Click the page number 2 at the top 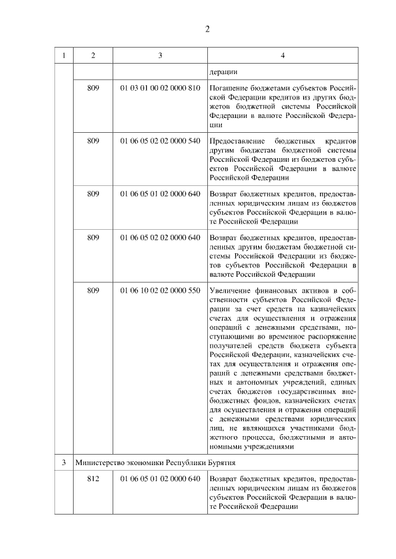pyautogui.click(x=208, y=29)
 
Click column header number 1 pyautogui.click(x=63, y=56)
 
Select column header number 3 pyautogui.click(x=160, y=56)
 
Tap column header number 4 pyautogui.click(x=282, y=56)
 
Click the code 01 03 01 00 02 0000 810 pyautogui.click(x=160, y=88)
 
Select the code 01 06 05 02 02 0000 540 pyautogui.click(x=160, y=141)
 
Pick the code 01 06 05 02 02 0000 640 pyautogui.click(x=160, y=237)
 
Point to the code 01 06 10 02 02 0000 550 pyautogui.click(x=160, y=291)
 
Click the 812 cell pyautogui.click(x=93, y=479)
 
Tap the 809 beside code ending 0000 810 pyautogui.click(x=93, y=88)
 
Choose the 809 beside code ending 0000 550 pyautogui.click(x=93, y=291)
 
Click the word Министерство pyautogui.click(x=98, y=462)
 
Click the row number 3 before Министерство pyautogui.click(x=63, y=462)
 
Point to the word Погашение pyautogui.click(x=230, y=88)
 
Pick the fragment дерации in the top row pyautogui.click(x=223, y=72)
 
